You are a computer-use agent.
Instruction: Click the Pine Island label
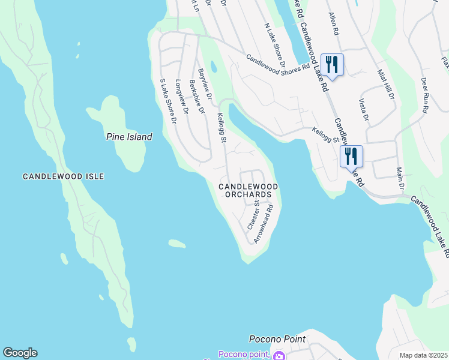pyautogui.click(x=129, y=137)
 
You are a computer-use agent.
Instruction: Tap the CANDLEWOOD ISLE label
pyautogui.click(x=64, y=176)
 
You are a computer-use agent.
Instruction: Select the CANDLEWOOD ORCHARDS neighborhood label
pyautogui.click(x=249, y=191)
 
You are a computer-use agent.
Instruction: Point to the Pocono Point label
pyautogui.click(x=277, y=339)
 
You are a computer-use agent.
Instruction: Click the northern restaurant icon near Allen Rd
pyautogui.click(x=332, y=64)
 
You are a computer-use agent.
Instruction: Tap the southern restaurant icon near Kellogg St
pyautogui.click(x=351, y=157)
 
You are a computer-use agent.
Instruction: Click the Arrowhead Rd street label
pyautogui.click(x=264, y=224)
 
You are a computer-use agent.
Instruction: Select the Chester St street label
pyautogui.click(x=253, y=215)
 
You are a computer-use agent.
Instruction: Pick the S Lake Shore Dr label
pyautogui.click(x=167, y=101)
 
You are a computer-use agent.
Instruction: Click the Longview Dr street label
pyautogui.click(x=182, y=97)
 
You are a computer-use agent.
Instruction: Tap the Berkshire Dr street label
pyautogui.click(x=197, y=97)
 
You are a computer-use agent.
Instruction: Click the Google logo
pyautogui.click(x=20, y=353)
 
